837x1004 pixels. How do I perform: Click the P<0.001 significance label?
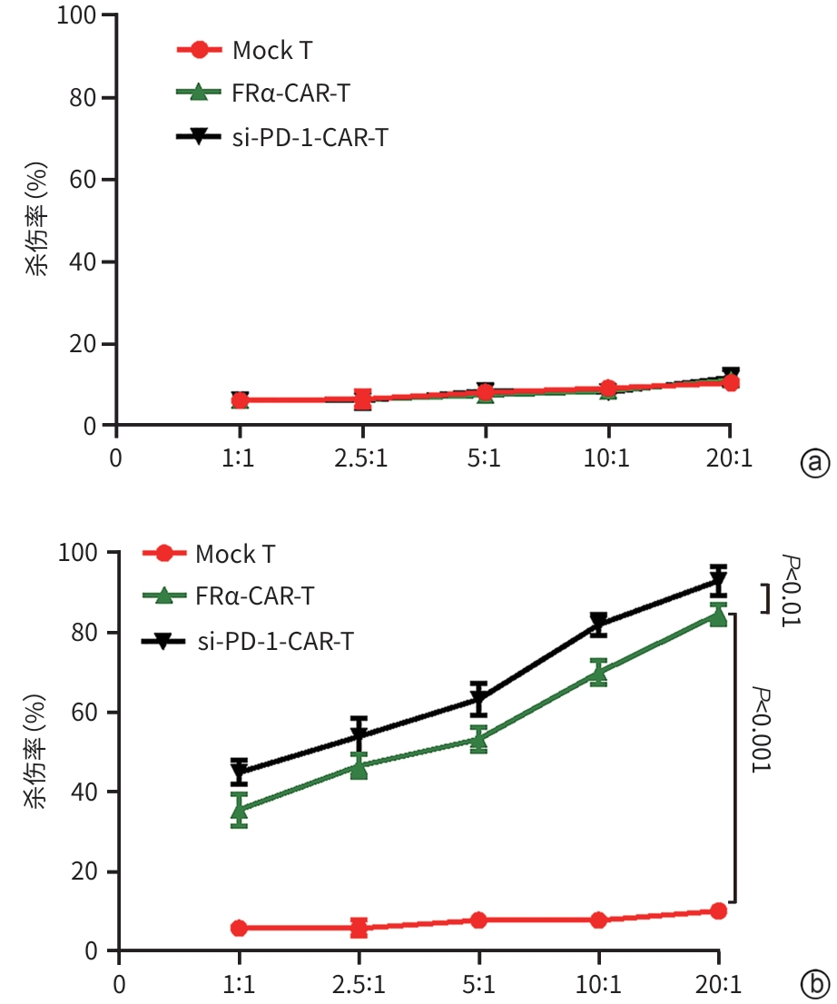coord(761,729)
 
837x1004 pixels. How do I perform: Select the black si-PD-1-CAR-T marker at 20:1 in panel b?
coord(718,582)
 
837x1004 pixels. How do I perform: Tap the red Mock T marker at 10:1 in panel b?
coord(598,920)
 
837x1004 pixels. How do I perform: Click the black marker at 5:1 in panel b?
coord(478,700)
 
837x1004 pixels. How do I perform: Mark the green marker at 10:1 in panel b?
coord(598,673)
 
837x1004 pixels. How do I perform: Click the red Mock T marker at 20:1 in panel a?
coord(729,382)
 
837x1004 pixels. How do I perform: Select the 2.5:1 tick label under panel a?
coord(362,458)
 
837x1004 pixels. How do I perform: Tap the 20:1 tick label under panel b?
coord(718,985)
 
